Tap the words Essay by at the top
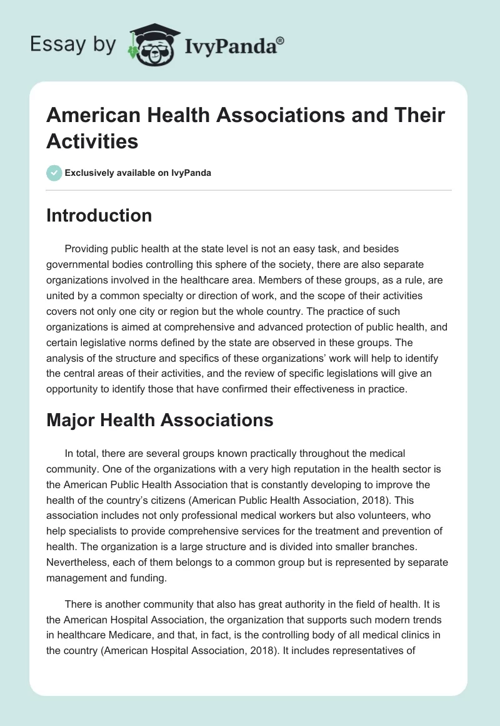(74, 45)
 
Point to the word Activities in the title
(92, 141)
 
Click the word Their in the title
(419, 116)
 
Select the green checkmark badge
(54, 173)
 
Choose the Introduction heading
(99, 215)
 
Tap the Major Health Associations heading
(160, 420)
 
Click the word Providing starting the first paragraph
(88, 249)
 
